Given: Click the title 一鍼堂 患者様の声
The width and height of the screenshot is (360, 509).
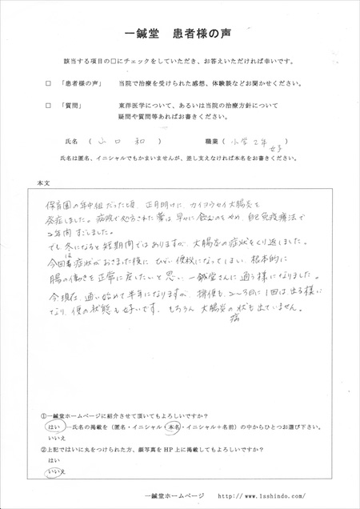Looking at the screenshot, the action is (x=179, y=35).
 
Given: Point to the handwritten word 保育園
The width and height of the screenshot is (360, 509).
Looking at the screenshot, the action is (x=60, y=205).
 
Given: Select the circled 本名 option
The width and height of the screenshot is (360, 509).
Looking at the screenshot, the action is (x=193, y=429).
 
